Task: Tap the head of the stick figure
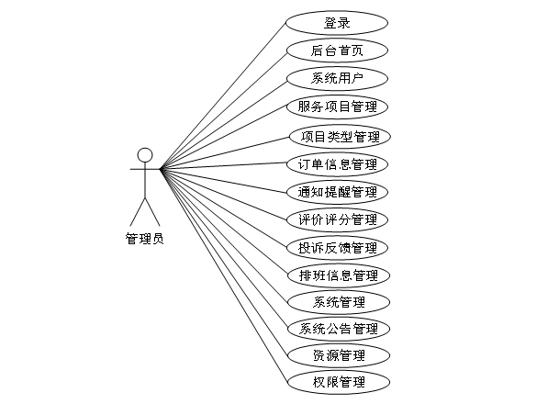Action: click(144, 153)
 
